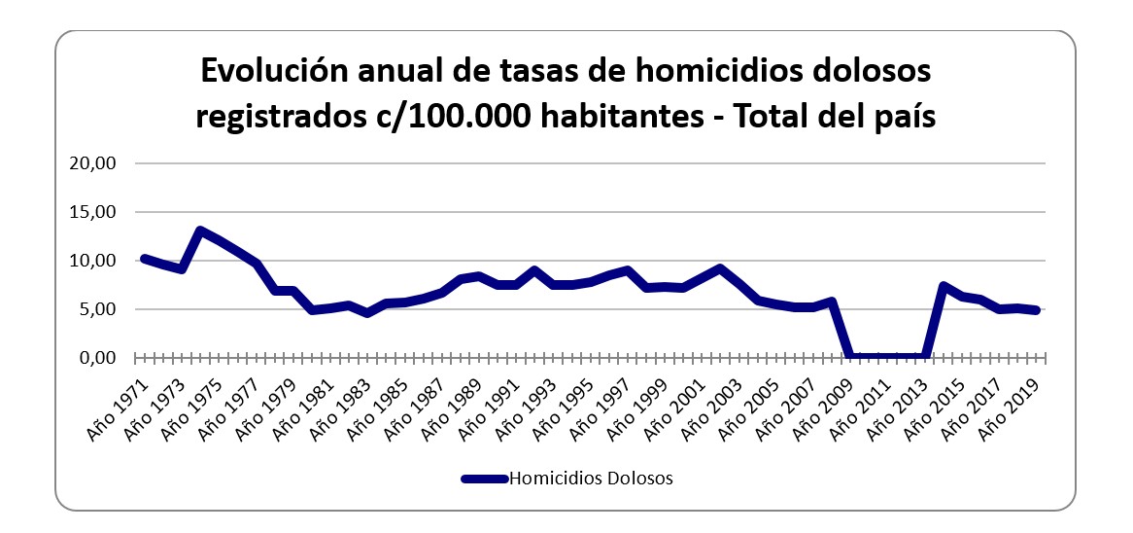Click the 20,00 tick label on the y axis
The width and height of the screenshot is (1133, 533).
(x=94, y=163)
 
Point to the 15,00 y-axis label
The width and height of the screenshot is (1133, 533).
(x=94, y=212)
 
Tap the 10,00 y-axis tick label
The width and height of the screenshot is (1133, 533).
(x=94, y=261)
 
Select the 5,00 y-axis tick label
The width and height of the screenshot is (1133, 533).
(x=98, y=309)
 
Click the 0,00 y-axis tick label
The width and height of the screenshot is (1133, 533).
(x=98, y=358)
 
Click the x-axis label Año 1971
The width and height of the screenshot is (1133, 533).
(x=119, y=405)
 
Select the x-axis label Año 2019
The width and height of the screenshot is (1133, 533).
(x=1012, y=405)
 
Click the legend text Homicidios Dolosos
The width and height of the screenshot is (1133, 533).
(x=591, y=479)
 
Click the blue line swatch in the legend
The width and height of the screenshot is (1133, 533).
(x=484, y=479)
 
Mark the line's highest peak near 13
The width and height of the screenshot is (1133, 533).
(x=199, y=231)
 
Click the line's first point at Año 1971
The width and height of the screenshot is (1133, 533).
(x=144, y=259)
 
